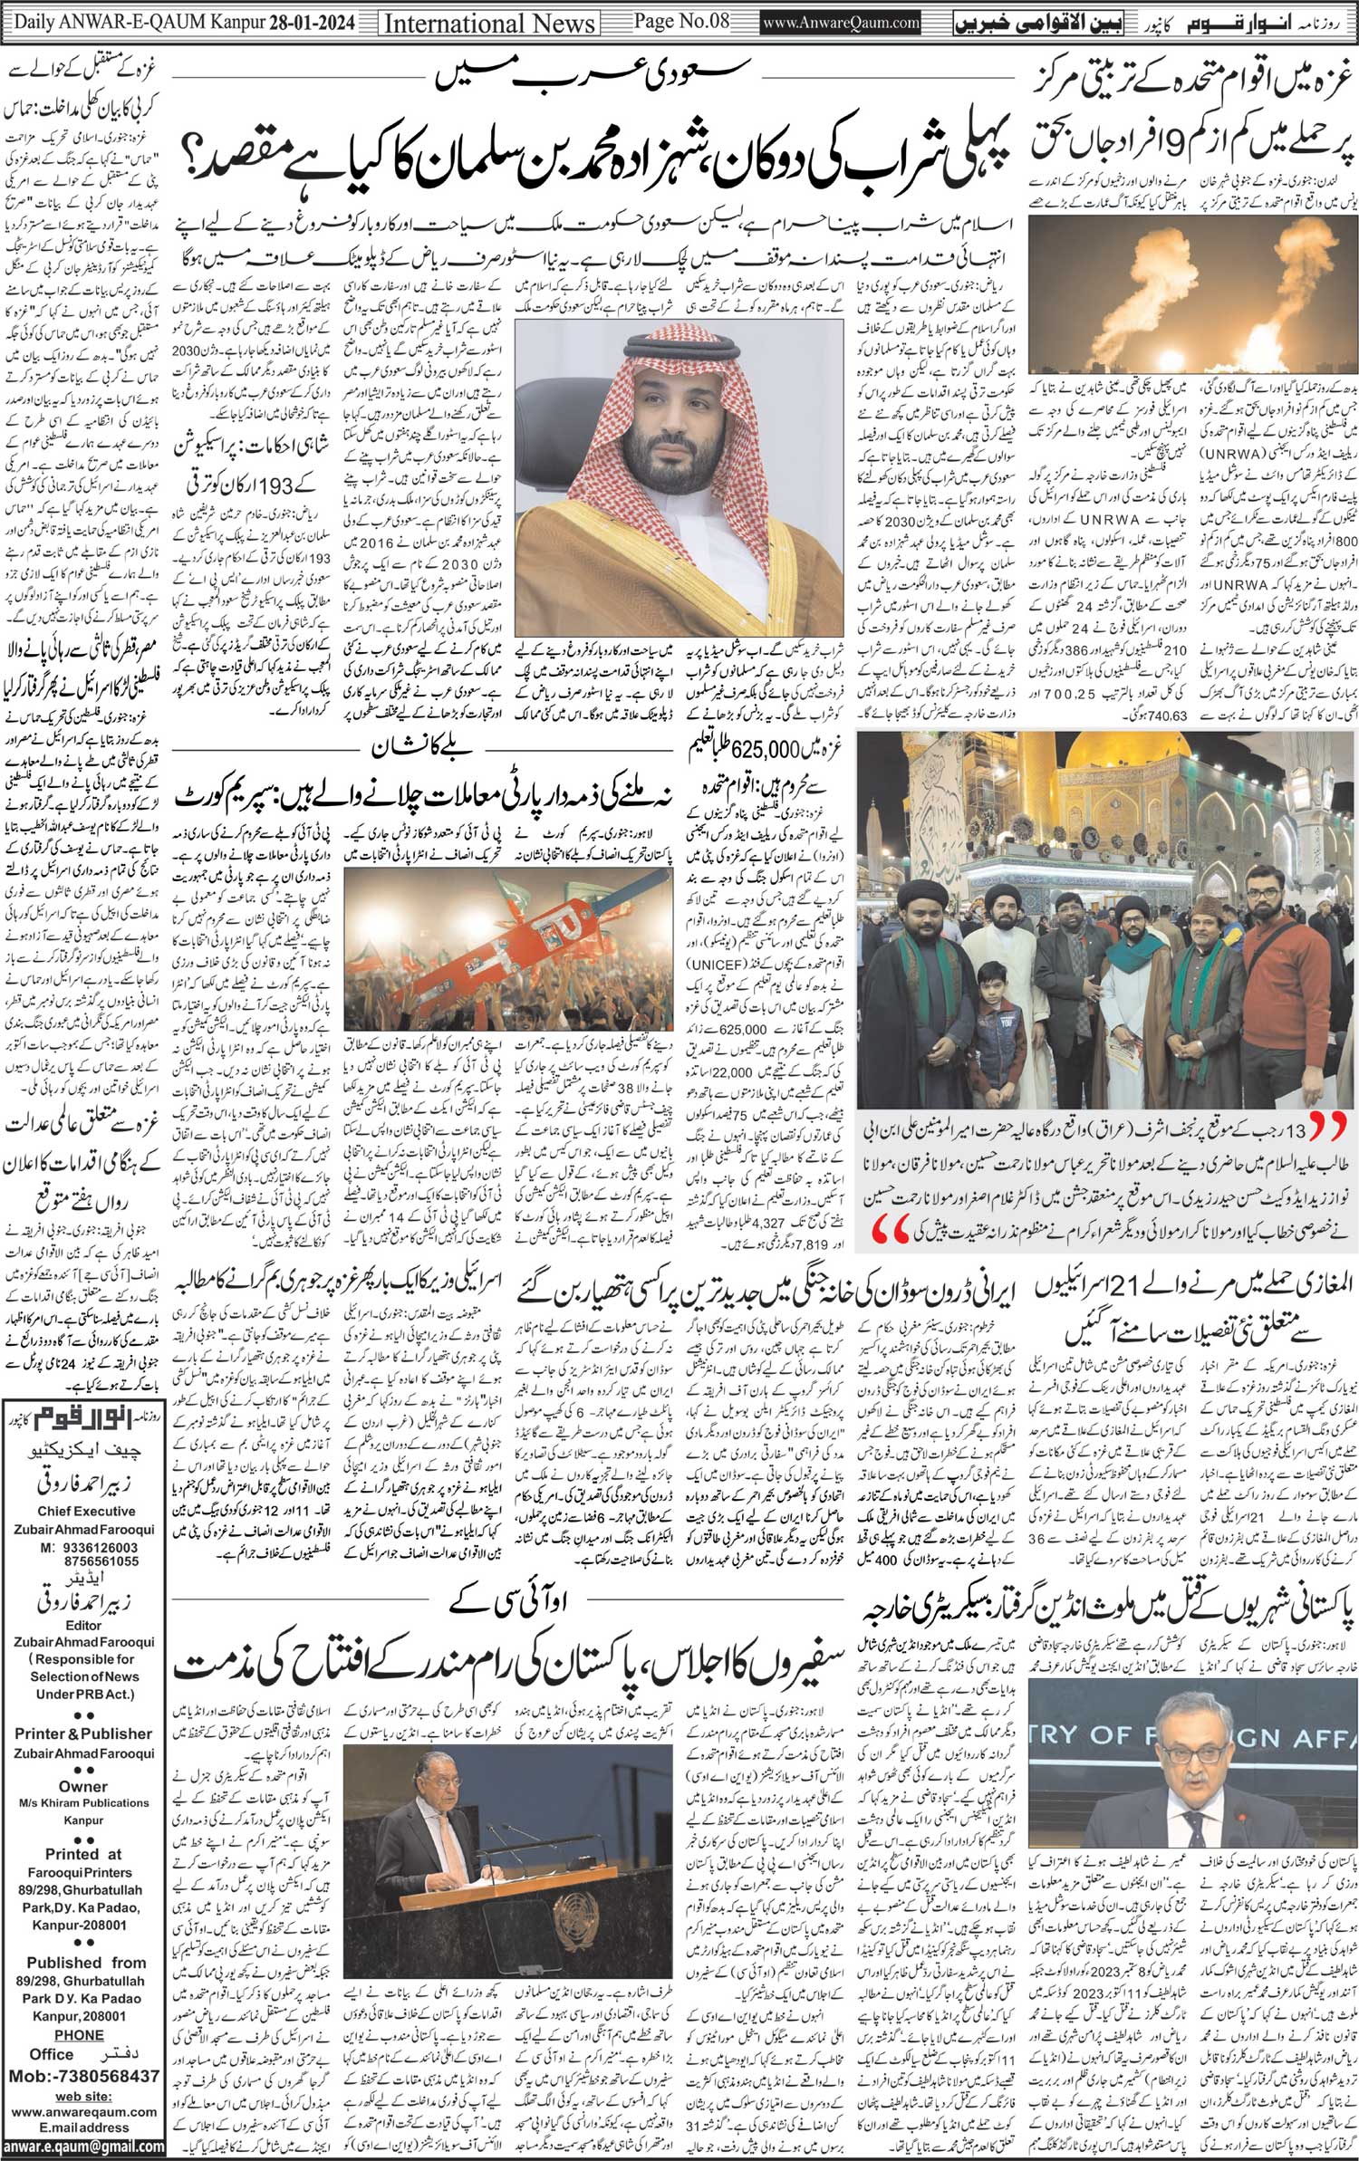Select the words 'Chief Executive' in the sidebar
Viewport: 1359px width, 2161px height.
(x=86, y=1512)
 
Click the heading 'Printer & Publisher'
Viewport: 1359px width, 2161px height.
(x=83, y=1734)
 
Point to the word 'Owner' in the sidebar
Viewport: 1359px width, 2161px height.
(x=83, y=1786)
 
